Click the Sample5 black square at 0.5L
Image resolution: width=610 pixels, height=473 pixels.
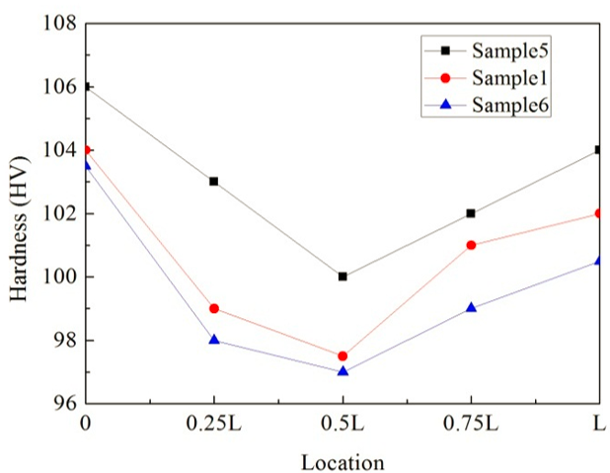[343, 276]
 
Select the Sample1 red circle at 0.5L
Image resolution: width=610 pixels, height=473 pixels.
[343, 355]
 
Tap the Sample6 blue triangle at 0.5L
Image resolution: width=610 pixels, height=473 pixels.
[343, 371]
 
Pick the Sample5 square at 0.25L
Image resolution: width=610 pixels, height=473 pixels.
[214, 182]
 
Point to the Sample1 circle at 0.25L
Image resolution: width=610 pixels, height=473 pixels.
[214, 308]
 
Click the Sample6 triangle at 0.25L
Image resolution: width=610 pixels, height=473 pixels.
[214, 340]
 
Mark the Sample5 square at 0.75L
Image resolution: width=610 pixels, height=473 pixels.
[471, 213]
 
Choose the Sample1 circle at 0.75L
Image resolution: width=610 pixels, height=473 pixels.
[471, 245]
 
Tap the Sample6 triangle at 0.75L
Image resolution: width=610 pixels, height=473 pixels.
[471, 307]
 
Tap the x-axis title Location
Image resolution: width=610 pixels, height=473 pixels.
[343, 461]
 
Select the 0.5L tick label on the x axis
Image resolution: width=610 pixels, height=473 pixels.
[343, 425]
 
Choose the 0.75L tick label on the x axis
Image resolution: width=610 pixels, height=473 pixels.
[471, 425]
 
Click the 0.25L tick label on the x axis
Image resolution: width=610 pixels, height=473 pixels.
[214, 425]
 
